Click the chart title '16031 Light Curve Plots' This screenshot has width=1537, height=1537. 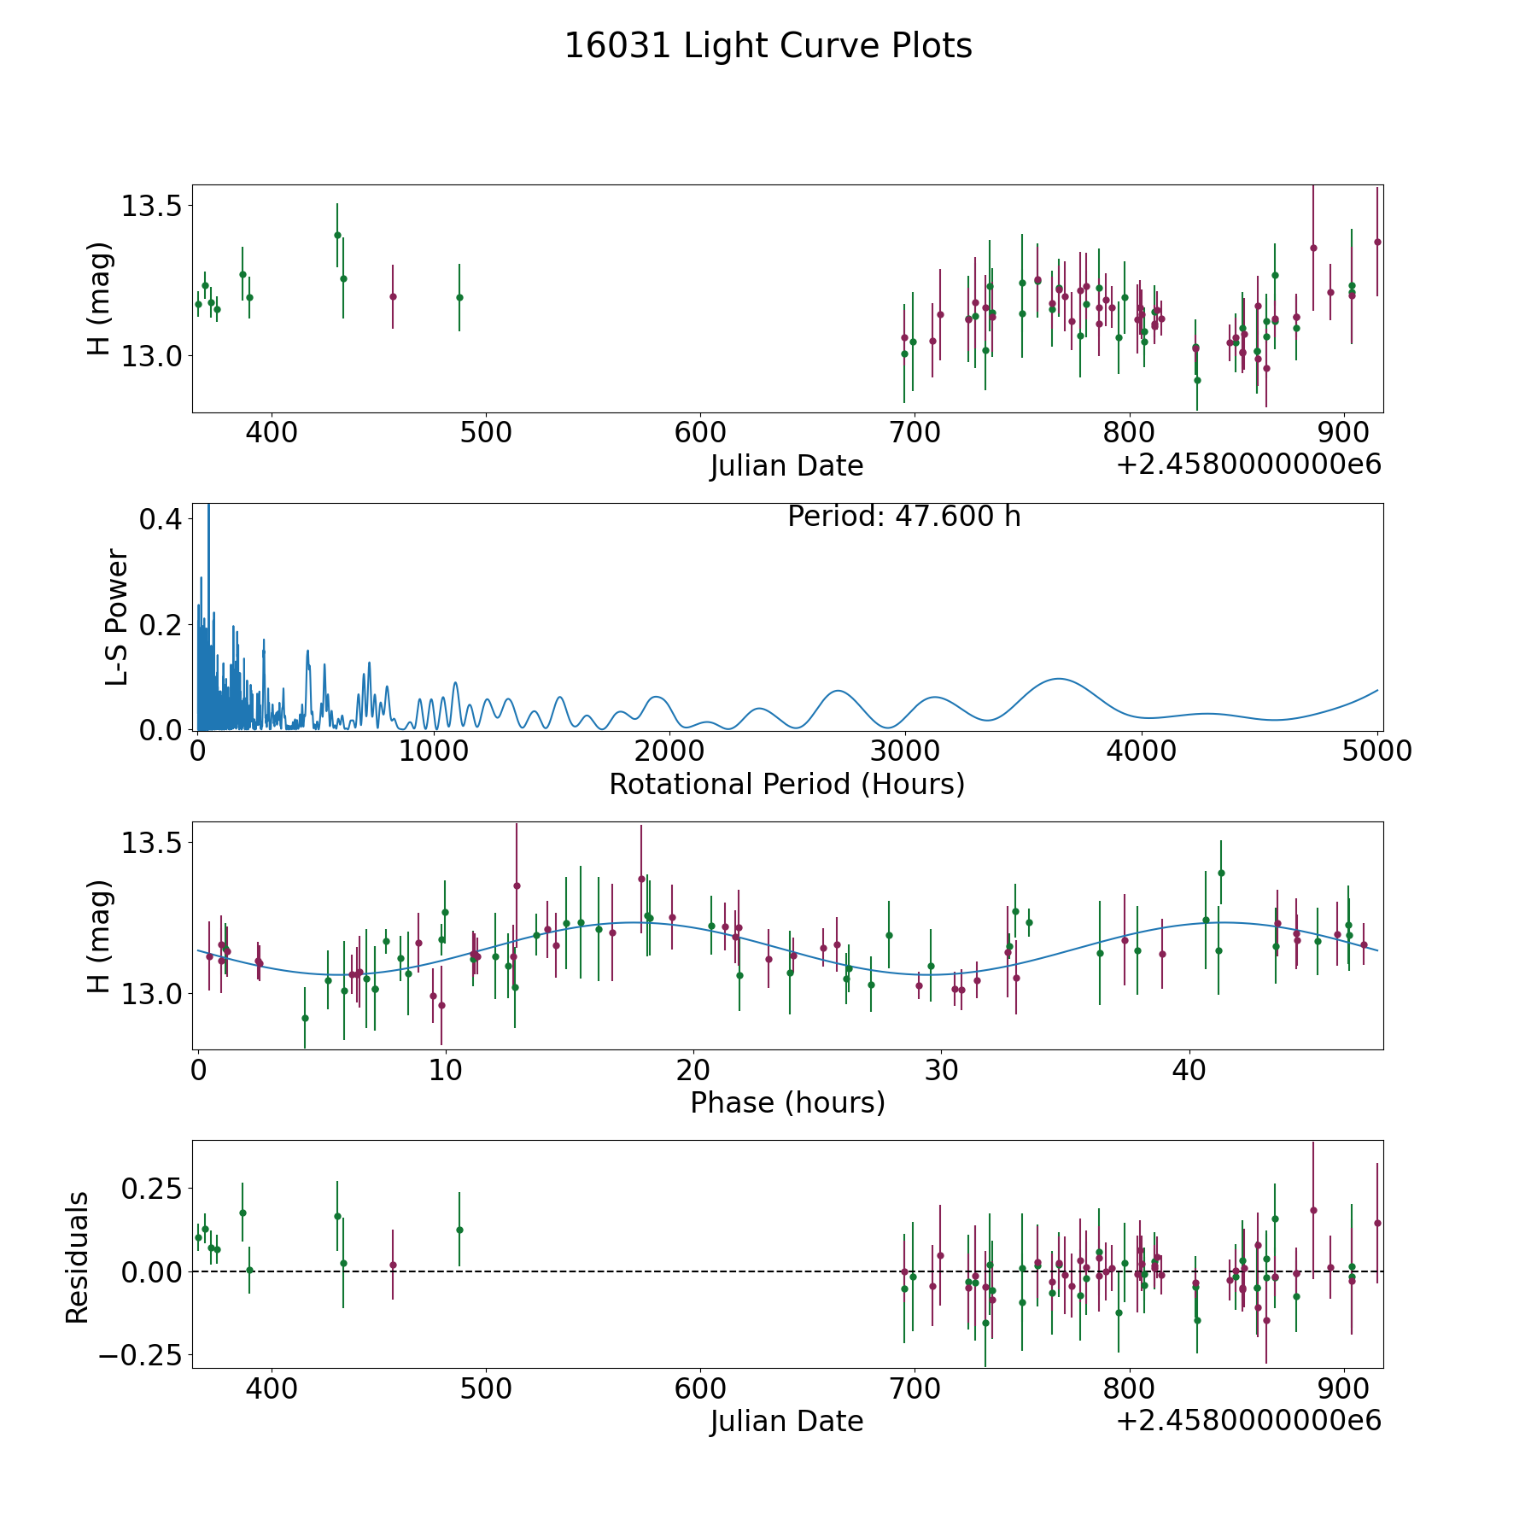tap(768, 46)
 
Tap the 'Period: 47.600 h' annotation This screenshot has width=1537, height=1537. tap(904, 517)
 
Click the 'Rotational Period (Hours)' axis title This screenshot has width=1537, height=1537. tap(787, 784)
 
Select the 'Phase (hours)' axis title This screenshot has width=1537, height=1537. tap(787, 1102)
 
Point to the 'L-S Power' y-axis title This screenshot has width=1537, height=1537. tap(117, 617)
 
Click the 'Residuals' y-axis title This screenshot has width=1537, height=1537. tap(77, 1258)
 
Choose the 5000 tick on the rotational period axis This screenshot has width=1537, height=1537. tap(1377, 751)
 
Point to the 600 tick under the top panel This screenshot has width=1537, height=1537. tap(700, 433)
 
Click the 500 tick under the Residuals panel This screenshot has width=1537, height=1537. tap(486, 1388)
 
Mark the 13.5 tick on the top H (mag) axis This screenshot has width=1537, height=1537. tap(151, 206)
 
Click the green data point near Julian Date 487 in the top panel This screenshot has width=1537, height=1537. tap(459, 297)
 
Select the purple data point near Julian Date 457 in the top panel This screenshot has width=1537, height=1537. tap(393, 296)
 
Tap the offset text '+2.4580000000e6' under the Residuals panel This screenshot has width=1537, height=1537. tap(1249, 1420)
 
